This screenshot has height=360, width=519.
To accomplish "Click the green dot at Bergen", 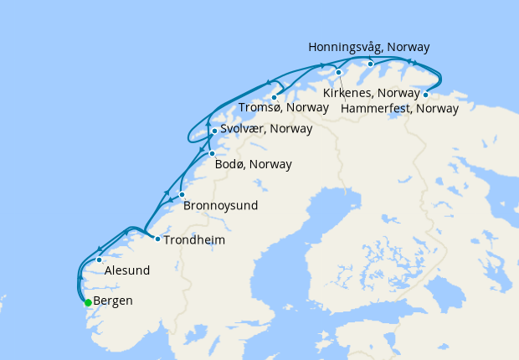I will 87,302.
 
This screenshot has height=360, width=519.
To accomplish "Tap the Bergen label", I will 113,301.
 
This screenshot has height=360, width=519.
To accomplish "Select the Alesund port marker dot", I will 99,260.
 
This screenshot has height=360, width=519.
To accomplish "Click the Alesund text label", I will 127,270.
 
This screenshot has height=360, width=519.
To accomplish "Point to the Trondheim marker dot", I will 157,239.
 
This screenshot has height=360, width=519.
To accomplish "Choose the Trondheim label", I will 194,239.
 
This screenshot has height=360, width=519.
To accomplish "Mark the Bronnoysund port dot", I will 182,194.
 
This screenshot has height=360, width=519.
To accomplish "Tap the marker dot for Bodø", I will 212,153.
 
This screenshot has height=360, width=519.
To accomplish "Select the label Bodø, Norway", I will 254,164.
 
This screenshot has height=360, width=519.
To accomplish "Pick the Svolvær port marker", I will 214,131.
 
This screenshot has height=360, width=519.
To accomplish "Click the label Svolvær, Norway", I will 266,129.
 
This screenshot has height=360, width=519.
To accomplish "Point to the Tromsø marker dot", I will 274,97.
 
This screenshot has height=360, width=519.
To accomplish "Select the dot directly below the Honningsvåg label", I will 370,64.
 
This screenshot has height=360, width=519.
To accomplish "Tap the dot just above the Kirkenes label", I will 338,73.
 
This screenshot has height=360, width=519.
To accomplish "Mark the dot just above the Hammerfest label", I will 426,95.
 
